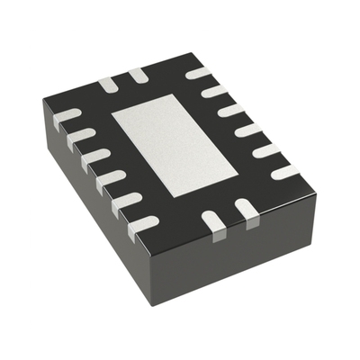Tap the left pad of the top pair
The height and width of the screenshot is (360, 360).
click(108, 84)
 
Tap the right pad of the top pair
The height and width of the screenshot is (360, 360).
click(136, 76)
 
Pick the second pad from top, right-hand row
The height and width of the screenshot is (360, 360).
click(214, 91)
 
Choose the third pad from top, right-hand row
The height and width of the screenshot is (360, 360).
click(231, 110)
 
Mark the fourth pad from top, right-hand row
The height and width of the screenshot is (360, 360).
click(248, 130)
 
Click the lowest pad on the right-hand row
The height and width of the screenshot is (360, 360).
click(285, 170)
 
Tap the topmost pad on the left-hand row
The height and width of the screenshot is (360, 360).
click(67, 117)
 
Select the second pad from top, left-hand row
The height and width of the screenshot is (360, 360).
click(80, 136)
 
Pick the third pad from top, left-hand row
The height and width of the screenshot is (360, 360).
click(95, 156)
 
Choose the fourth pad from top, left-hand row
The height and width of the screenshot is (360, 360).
click(111, 177)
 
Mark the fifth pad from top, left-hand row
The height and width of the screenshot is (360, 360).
click(128, 200)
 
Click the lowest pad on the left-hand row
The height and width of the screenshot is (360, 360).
click(143, 223)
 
